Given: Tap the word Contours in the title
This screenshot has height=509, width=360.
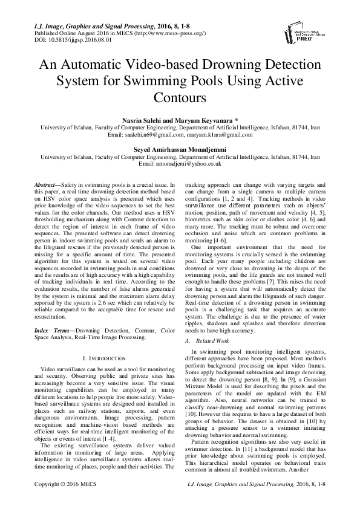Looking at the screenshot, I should [180, 96].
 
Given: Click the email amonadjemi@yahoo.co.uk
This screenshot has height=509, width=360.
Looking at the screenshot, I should [180, 163].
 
